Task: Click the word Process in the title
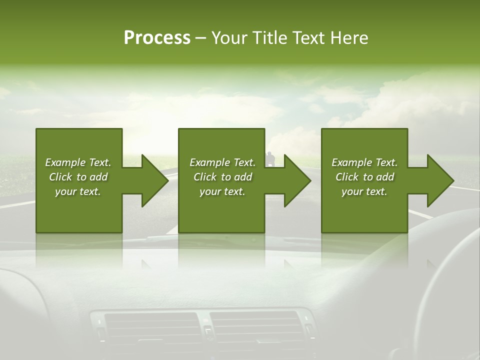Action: coord(157,38)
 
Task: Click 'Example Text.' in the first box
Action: coord(78,162)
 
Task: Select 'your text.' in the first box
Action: coord(78,191)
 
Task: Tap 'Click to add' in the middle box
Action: coord(222,177)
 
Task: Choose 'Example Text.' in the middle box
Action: coord(222,162)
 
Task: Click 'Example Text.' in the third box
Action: coord(364,162)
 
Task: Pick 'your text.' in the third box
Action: coord(364,191)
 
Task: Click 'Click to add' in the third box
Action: coord(364,177)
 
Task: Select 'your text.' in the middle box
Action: coord(222,191)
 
